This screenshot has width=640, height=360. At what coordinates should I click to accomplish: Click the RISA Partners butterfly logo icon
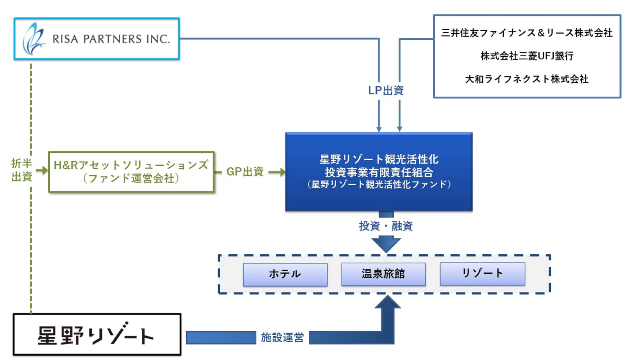point(33,39)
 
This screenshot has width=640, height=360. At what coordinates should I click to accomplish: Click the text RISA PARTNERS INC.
point(111,39)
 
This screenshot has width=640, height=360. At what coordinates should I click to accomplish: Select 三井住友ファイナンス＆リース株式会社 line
point(527,33)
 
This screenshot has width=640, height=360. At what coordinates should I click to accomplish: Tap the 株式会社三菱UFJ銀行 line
point(527,56)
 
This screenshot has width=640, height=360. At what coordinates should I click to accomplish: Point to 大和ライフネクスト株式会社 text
point(527,79)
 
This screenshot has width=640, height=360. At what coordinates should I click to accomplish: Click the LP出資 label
point(386,90)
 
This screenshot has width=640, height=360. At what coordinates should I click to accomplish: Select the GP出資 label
point(245,172)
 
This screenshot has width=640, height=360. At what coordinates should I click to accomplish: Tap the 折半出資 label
point(21,170)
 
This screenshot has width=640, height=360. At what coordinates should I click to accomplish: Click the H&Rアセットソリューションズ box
point(131,172)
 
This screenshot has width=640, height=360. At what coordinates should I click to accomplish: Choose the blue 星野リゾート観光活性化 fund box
point(379,172)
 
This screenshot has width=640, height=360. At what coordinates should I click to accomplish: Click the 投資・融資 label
point(386,226)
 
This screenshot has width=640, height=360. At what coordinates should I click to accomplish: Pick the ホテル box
point(285,274)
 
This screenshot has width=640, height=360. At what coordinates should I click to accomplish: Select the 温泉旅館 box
point(383,274)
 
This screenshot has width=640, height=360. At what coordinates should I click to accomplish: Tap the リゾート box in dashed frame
point(482,273)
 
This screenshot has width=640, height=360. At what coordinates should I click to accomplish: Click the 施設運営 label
point(282,337)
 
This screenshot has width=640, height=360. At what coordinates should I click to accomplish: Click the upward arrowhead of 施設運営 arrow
point(387,303)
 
